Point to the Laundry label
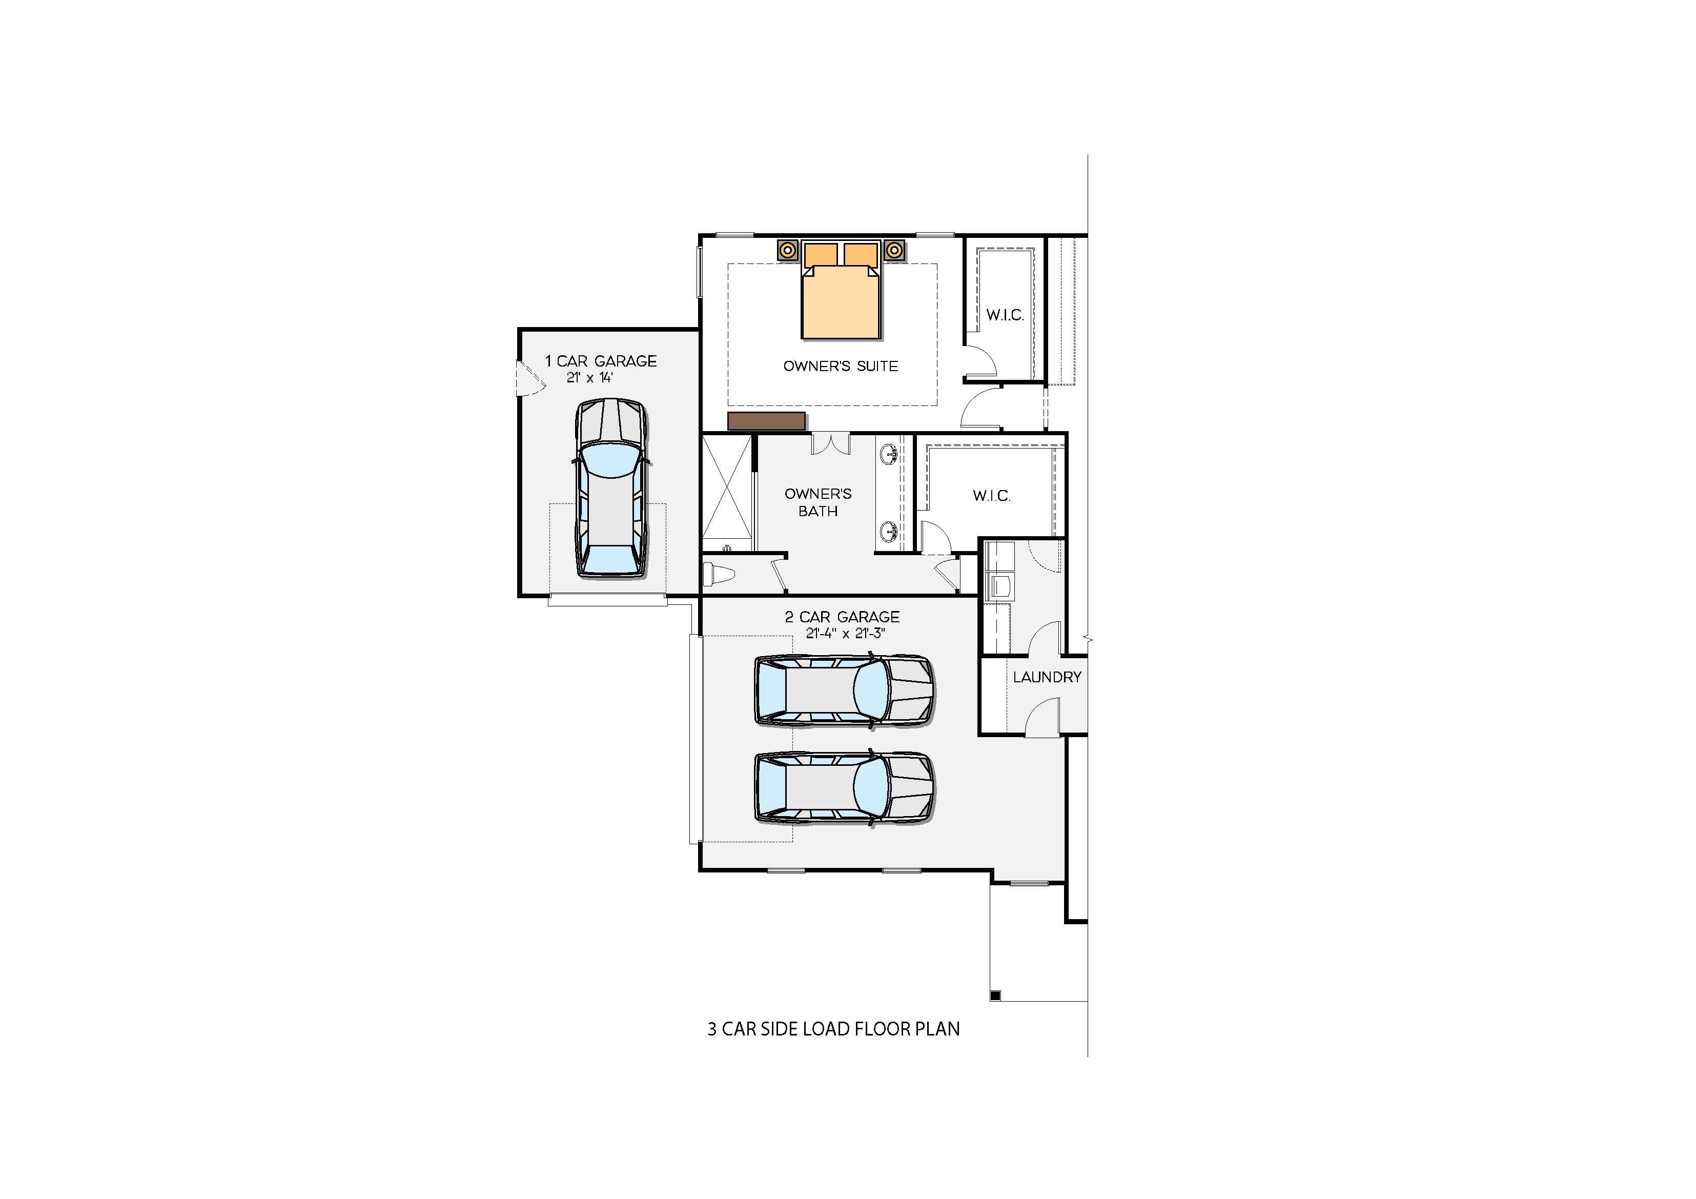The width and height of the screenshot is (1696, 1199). [x=1047, y=677]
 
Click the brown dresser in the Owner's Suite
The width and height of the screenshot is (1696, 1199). [x=766, y=421]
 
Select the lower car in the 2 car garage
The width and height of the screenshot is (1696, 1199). [x=844, y=788]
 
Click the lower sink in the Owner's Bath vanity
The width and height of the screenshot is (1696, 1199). [x=889, y=531]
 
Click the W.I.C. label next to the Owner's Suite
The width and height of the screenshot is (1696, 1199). [x=1005, y=315]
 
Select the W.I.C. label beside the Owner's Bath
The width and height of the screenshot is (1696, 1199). [x=991, y=496]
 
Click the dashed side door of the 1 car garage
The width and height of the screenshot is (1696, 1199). [x=529, y=378]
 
